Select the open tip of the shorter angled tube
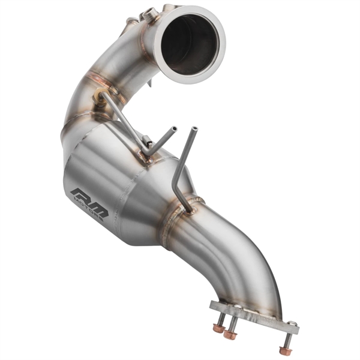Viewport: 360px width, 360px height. click(173, 129)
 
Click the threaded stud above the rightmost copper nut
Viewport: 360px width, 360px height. click(286, 340)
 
